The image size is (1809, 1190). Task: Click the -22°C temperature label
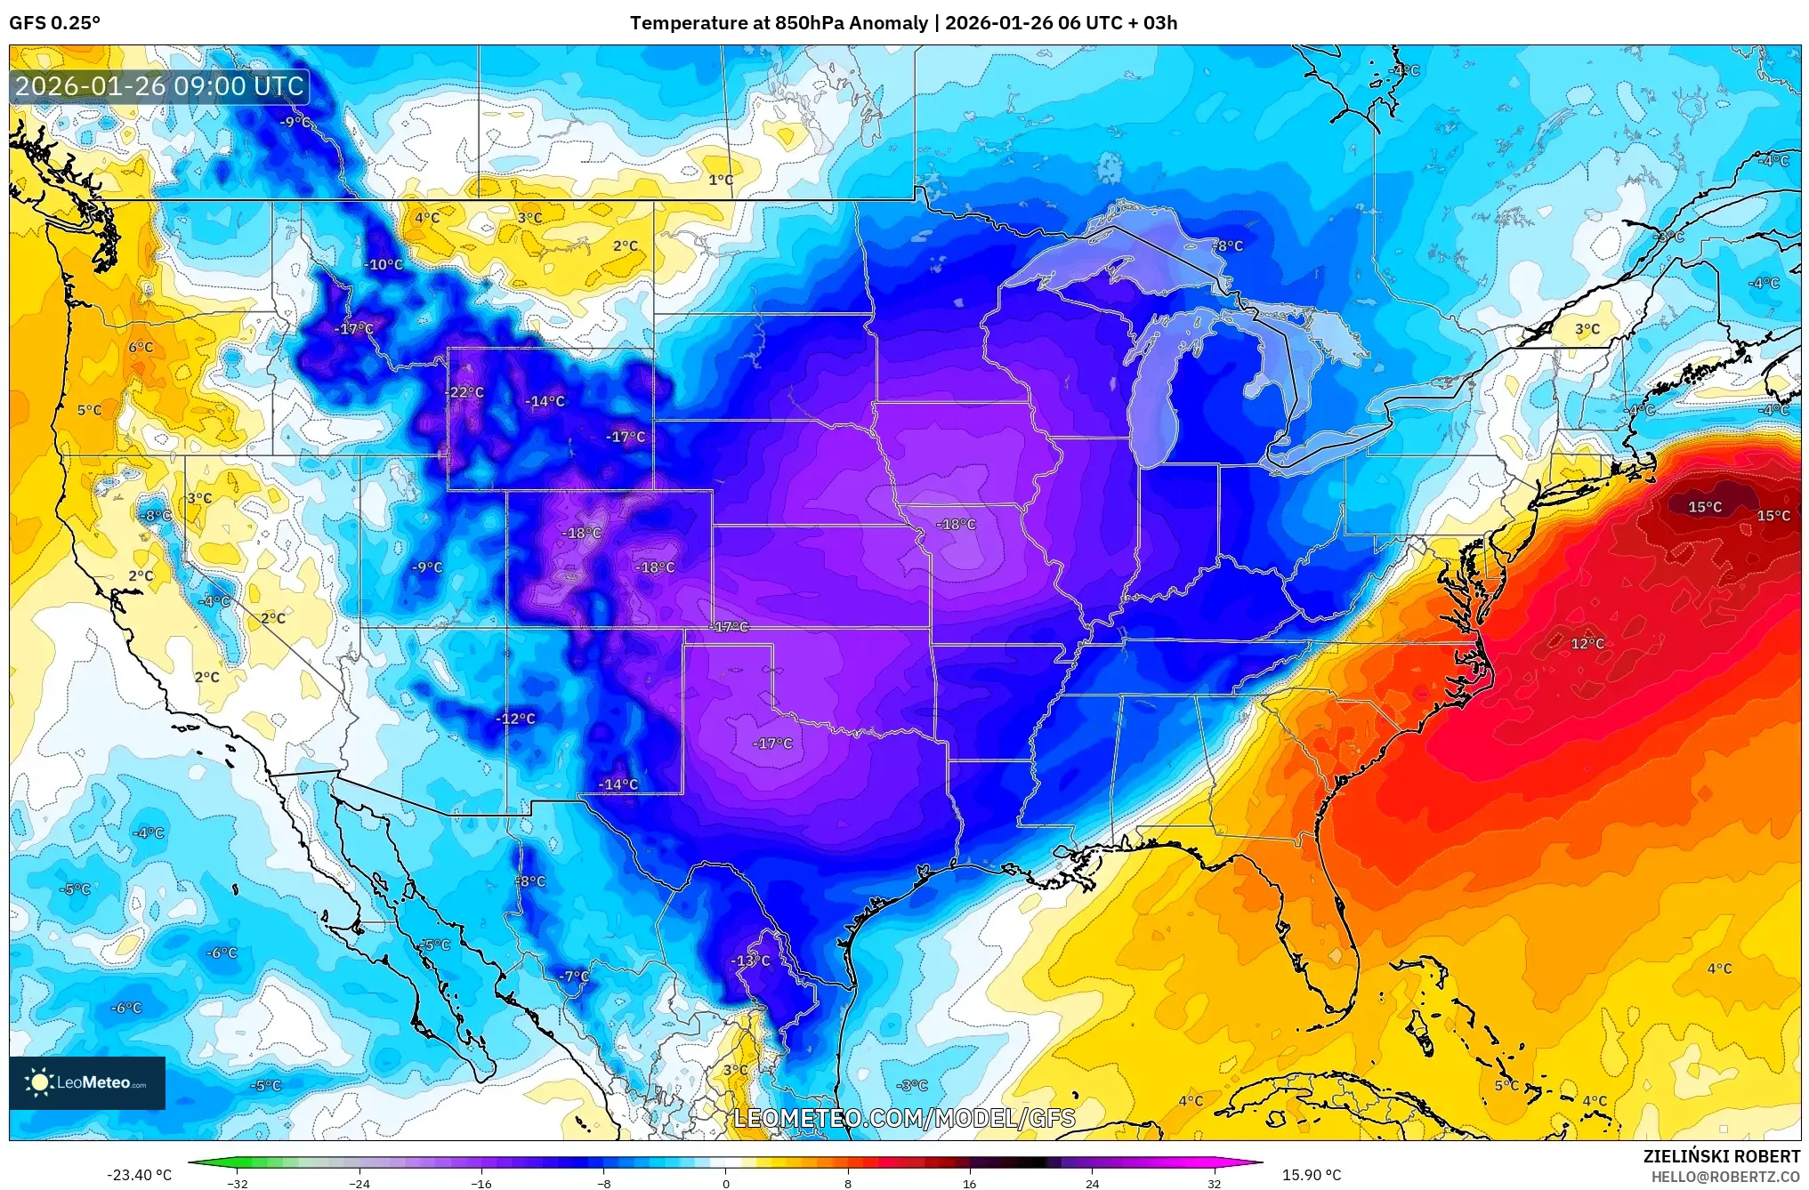[x=465, y=392]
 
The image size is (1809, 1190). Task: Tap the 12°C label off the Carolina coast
[x=1587, y=643]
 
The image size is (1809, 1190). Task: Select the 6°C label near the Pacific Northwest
[x=141, y=347]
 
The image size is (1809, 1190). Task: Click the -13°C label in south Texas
[x=750, y=961]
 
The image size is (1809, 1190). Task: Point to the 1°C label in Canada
[x=721, y=180]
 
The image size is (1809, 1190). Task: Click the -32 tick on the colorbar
[x=237, y=1183]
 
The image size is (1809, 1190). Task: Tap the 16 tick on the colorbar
[x=969, y=1183]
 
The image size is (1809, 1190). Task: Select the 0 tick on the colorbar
[x=725, y=1183]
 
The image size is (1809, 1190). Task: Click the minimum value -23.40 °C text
[x=139, y=1175]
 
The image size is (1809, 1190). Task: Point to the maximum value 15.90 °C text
[x=1311, y=1175]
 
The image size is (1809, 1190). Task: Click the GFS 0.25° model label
[x=55, y=23]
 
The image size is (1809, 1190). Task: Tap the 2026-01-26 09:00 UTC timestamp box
[x=160, y=86]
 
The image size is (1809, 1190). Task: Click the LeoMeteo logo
[x=87, y=1082]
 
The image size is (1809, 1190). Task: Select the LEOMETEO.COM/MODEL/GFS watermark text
[x=904, y=1118]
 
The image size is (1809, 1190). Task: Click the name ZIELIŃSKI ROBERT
[x=1721, y=1156]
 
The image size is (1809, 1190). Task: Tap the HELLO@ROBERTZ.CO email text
[x=1725, y=1177]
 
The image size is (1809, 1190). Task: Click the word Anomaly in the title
[x=888, y=23]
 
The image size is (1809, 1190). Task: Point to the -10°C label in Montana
[x=384, y=264]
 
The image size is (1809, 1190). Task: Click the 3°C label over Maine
[x=1587, y=329]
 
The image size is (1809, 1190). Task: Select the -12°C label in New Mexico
[x=516, y=719]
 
